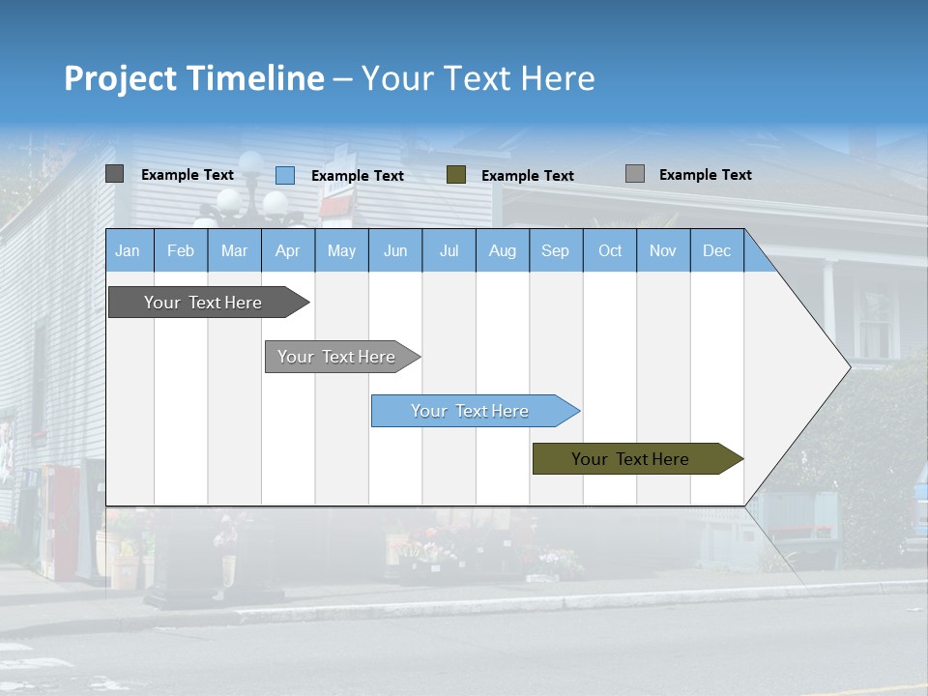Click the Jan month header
[x=129, y=251]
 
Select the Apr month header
[x=288, y=251]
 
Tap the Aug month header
[x=502, y=251]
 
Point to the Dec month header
[x=716, y=251]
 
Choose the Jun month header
[x=395, y=251]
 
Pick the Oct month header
[x=610, y=251]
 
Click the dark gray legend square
[x=115, y=174]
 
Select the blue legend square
[x=285, y=175]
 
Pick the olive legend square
[x=456, y=175]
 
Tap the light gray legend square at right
[x=635, y=174]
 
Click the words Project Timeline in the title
[x=194, y=78]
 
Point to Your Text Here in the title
[x=478, y=78]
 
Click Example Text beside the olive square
[x=528, y=176]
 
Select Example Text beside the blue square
[x=358, y=176]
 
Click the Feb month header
[x=181, y=251]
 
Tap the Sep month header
[x=555, y=251]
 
